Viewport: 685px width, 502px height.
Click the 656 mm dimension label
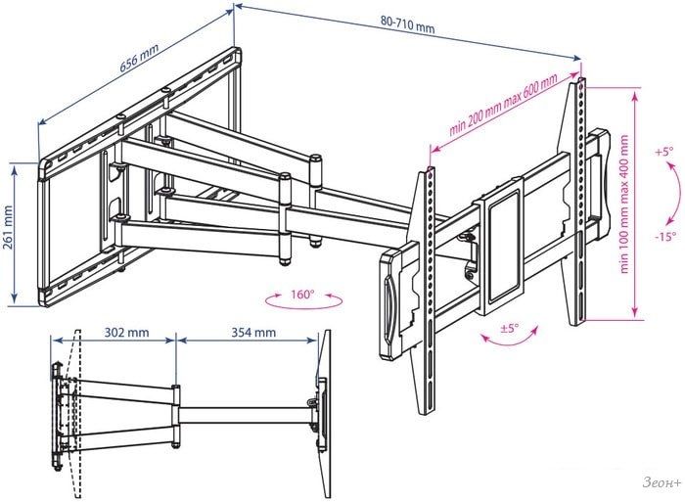click(139, 57)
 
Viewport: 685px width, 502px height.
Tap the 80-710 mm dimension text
click(408, 24)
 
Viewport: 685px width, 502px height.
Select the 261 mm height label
click(8, 233)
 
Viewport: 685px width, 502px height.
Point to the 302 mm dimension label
click(126, 333)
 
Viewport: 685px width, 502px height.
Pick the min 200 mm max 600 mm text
click(504, 105)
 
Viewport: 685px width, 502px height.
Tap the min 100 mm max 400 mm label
click(624, 205)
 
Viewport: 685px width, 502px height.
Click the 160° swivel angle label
click(302, 294)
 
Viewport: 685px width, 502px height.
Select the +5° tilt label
click(664, 152)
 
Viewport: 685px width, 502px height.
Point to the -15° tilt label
click(665, 237)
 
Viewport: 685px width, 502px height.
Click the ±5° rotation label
click(509, 328)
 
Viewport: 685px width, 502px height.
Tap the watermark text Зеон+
click(662, 482)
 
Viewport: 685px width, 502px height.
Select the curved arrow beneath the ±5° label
click(509, 338)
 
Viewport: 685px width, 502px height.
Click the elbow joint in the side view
click(175, 416)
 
